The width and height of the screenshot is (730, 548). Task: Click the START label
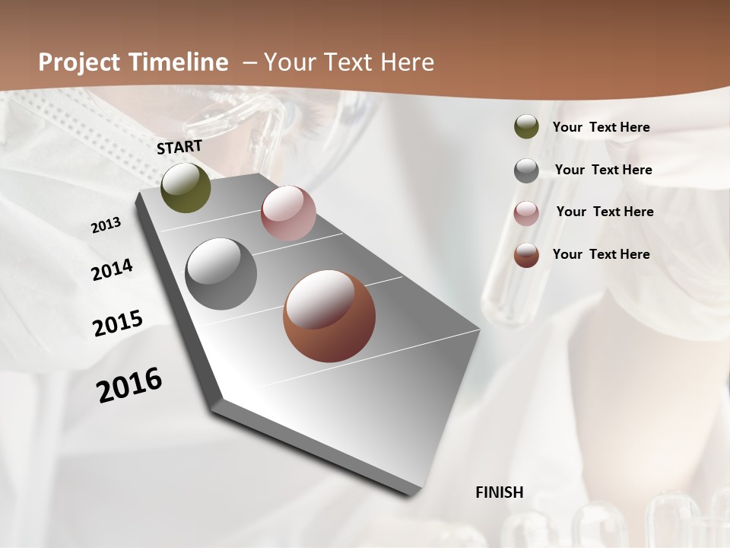pyautogui.click(x=179, y=147)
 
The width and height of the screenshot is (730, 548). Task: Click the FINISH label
pyautogui.click(x=499, y=492)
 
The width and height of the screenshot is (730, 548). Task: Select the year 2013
pyautogui.click(x=106, y=225)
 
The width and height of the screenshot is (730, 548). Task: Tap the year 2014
pyautogui.click(x=112, y=269)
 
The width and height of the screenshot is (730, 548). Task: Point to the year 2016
pyautogui.click(x=129, y=385)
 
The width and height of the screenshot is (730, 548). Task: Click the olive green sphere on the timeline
pyautogui.click(x=186, y=188)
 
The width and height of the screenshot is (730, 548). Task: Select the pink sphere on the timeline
pyautogui.click(x=288, y=213)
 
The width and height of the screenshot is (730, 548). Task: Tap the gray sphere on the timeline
pyautogui.click(x=221, y=274)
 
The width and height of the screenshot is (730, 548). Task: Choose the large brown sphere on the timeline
pyautogui.click(x=328, y=316)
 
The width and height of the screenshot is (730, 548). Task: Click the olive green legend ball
pyautogui.click(x=526, y=126)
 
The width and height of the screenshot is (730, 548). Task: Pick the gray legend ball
pyautogui.click(x=526, y=170)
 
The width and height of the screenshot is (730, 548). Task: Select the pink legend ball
pyautogui.click(x=526, y=212)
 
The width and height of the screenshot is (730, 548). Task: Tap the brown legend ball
pyautogui.click(x=526, y=255)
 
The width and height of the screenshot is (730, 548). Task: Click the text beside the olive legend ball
pyautogui.click(x=601, y=127)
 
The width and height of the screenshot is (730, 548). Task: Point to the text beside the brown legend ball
pyautogui.click(x=601, y=254)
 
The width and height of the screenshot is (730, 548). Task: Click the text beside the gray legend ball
pyautogui.click(x=603, y=170)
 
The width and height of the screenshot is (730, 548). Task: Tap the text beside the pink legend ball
pyautogui.click(x=605, y=212)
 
